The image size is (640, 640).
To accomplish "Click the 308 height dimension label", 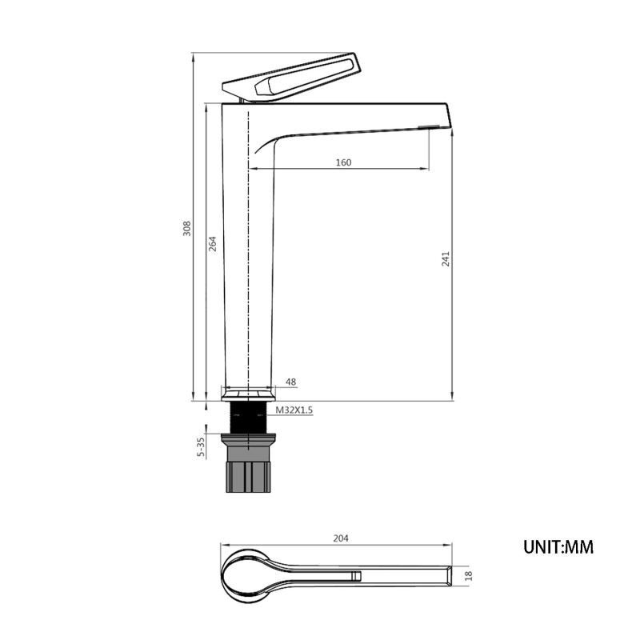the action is click(186, 229).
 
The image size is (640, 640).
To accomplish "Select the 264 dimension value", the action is click(212, 244).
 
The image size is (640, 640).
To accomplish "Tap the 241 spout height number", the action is click(446, 259).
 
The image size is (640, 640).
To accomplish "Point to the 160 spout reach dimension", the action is click(343, 162).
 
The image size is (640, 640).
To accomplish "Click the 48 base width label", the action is click(290, 382).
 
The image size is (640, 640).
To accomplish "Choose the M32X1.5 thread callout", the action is click(294, 410).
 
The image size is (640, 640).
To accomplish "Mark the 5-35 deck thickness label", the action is click(201, 447).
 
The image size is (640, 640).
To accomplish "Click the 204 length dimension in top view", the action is click(341, 538).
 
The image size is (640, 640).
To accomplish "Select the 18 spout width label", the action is click(468, 575).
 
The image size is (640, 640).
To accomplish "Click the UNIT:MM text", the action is click(558, 547).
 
